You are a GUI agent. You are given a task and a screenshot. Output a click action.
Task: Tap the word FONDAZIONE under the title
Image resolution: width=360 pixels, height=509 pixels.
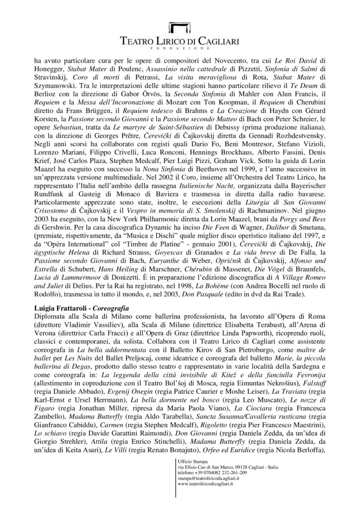[x=180, y=50]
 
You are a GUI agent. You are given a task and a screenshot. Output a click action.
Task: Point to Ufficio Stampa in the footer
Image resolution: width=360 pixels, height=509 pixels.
[x=190, y=463]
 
